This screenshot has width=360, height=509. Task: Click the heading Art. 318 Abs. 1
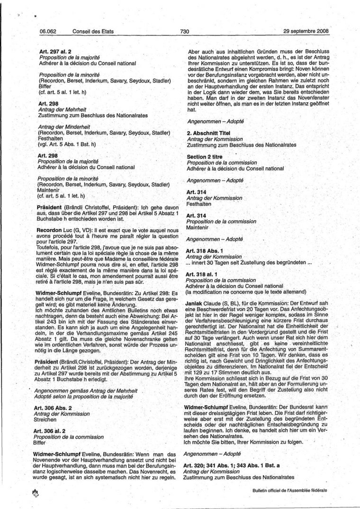[x=204, y=250]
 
